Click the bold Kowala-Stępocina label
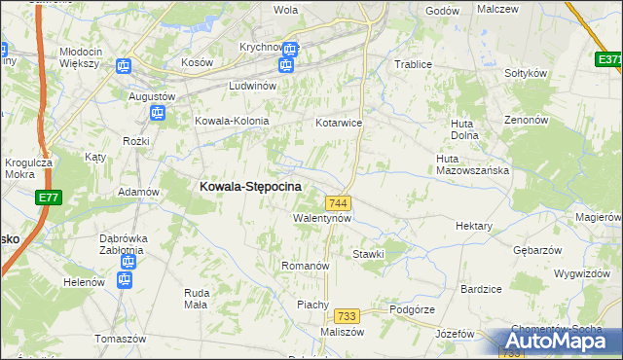[x=250, y=185]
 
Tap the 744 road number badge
[x=339, y=202]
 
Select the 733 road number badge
[x=346, y=316]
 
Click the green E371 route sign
[x=609, y=59]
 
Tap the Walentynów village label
[x=321, y=219]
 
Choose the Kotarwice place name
[x=339, y=124]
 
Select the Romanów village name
[x=306, y=266]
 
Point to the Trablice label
[x=412, y=64]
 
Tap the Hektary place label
[x=474, y=226]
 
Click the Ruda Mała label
[x=198, y=298]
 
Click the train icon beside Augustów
[x=156, y=114]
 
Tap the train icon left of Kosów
[x=124, y=66]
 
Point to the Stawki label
[x=369, y=254]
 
